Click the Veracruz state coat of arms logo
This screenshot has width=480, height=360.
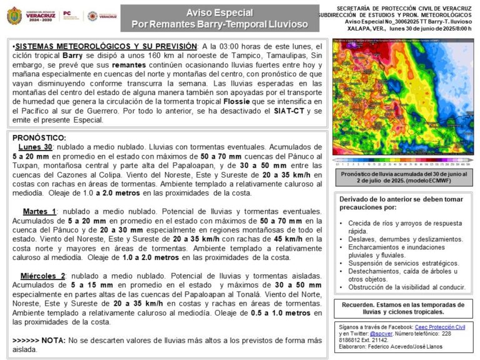pyautogui.click(x=14, y=16)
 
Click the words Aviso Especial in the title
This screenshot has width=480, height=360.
pyautogui.click(x=219, y=12)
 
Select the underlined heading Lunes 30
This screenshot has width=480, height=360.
pyautogui.click(x=35, y=146)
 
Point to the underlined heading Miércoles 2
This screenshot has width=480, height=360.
pyautogui.click(x=42, y=276)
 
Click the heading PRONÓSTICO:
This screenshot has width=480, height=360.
pyautogui.click(x=39, y=137)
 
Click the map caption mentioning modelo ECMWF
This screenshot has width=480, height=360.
pyautogui.click(x=402, y=177)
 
